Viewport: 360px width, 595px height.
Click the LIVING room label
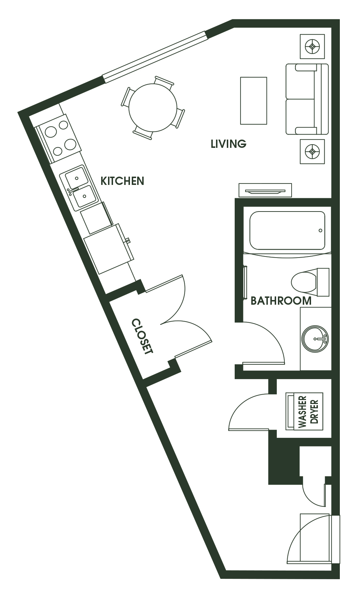pos(228,144)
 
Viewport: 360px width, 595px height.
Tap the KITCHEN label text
pos(122,181)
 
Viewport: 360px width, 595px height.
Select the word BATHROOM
pos(281,301)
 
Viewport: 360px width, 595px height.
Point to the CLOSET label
pos(142,336)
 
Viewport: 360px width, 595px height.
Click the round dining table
pos(153,108)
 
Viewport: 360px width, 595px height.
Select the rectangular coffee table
pos(253,101)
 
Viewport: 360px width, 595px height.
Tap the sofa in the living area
pos(307,99)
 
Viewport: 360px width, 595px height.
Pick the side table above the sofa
pos(312,46)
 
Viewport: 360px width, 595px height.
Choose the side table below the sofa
pos(312,151)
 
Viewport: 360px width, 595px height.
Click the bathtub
pos(287,231)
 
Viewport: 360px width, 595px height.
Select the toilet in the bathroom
pos(310,282)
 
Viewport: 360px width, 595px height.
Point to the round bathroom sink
pos(315,339)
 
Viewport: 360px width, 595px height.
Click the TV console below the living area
pos(265,190)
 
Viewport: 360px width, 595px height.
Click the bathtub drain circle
pos(320,231)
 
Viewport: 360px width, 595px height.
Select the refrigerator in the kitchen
pos(109,249)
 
